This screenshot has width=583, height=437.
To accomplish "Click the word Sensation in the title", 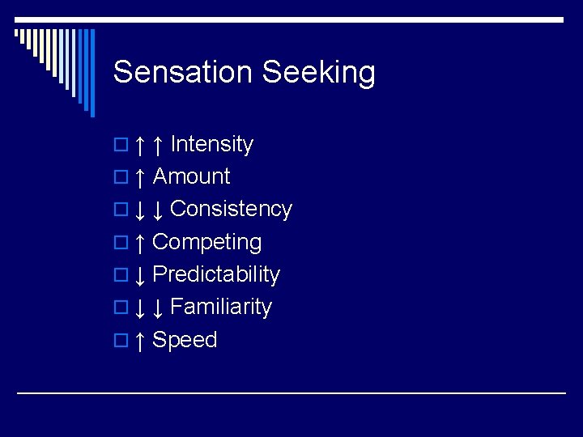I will tap(183, 73).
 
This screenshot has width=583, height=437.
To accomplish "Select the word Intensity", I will tap(212, 144).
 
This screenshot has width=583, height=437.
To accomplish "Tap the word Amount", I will tap(192, 176).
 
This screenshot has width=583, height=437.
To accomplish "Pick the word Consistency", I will tap(231, 209).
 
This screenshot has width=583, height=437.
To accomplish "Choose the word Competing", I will tap(207, 242).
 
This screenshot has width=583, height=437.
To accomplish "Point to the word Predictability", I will tap(216, 274).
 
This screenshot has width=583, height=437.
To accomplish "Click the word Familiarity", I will tap(221, 307).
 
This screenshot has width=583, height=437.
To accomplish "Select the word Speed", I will tap(185, 340).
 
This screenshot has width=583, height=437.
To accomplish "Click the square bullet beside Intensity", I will tap(120, 146).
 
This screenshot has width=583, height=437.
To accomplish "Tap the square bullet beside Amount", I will tap(120, 178).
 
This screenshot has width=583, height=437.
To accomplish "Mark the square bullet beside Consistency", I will tap(120, 210).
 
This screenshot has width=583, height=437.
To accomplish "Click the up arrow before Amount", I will tap(140, 177).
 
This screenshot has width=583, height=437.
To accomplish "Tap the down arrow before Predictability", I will tap(140, 275).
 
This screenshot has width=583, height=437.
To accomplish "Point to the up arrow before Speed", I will tap(140, 341).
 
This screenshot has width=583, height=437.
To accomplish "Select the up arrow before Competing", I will tap(140, 243).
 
